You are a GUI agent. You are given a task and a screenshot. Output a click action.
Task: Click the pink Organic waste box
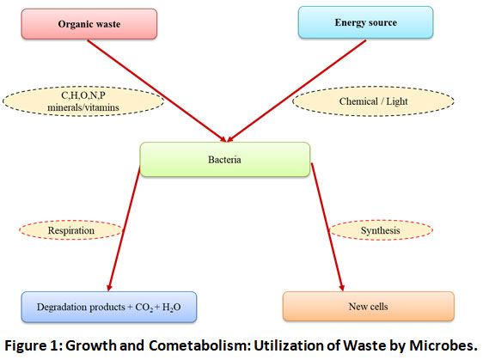(89, 24)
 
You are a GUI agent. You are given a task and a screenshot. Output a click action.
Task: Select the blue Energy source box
(365, 22)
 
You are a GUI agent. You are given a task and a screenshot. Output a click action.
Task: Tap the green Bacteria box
(225, 160)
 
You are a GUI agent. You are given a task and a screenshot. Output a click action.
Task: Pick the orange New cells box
(369, 307)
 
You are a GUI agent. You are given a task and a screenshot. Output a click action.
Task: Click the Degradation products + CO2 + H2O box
(109, 307)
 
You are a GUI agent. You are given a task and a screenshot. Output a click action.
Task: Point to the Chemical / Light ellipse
(373, 101)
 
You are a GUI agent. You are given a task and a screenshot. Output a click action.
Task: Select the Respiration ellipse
(71, 230)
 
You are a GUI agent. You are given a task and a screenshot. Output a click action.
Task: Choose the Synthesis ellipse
(381, 230)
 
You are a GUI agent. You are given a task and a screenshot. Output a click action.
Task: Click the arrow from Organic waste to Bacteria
(156, 91)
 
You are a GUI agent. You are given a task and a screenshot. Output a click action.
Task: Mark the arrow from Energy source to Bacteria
(297, 90)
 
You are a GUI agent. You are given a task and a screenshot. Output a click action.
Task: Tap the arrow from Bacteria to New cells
(327, 227)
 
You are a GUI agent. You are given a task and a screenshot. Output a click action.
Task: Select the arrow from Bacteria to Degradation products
(124, 229)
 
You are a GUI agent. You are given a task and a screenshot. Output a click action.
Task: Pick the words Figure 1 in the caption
(33, 346)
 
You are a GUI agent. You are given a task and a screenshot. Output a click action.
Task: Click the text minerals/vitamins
(83, 107)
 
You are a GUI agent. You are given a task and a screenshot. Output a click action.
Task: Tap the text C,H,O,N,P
(83, 95)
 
